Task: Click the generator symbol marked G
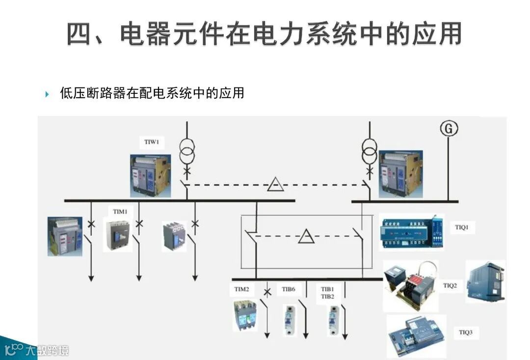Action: coord(448,129)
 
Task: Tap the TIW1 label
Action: coord(152,142)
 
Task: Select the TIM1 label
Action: coord(120,212)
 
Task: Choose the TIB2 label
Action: coord(327,297)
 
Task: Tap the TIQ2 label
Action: coord(450,285)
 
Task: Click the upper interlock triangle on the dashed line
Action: coord(275,185)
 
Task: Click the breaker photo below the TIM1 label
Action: coord(118,235)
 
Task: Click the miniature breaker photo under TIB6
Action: coord(289,319)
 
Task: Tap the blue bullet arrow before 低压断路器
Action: coord(48,93)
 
